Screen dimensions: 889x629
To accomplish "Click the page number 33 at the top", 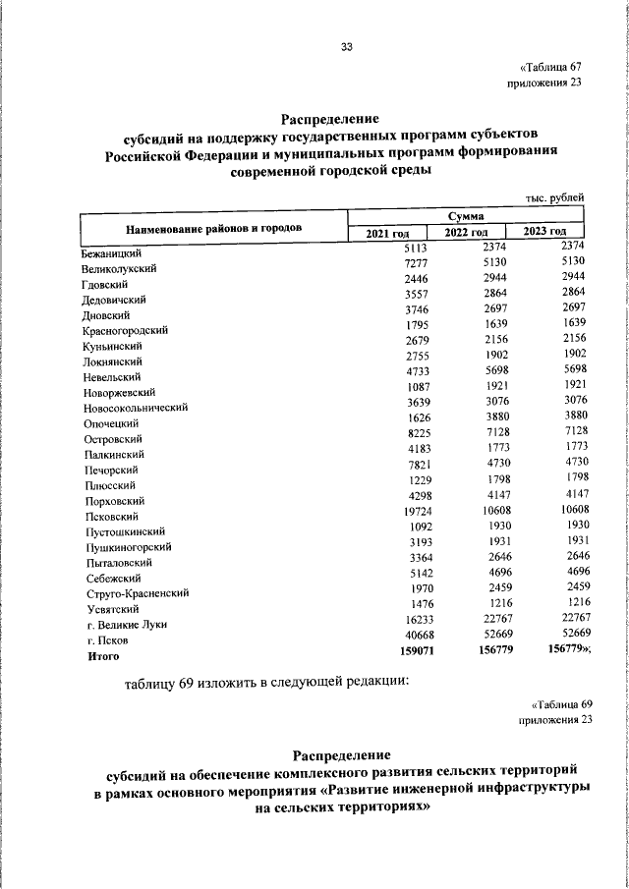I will [346, 46].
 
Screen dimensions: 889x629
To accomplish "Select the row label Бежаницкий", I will [113, 252].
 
